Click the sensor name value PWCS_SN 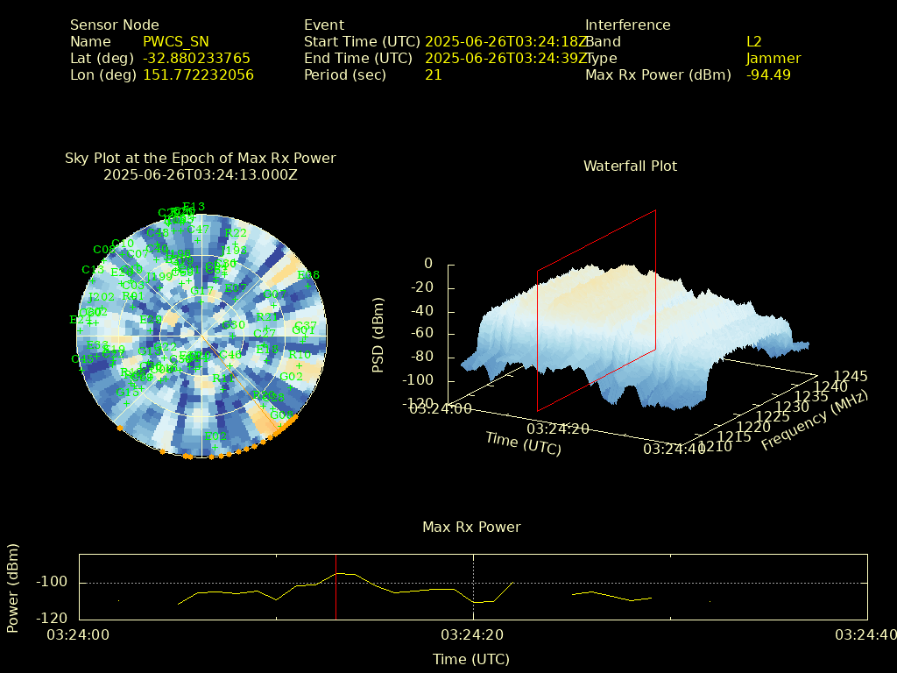pos(175,42)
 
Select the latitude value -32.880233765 pos(196,59)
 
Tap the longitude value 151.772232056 pos(198,75)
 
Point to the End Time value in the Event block pos(506,59)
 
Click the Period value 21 pos(434,75)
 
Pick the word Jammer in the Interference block pos(773,59)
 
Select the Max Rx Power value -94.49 pos(768,75)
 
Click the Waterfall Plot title pos(630,166)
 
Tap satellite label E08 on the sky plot pos(308,275)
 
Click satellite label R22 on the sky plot pos(236,233)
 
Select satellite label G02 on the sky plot pos(291,377)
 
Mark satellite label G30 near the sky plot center pos(234,325)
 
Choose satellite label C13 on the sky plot pos(93,270)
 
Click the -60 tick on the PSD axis pos(422,334)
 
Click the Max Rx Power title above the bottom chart pos(471,528)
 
